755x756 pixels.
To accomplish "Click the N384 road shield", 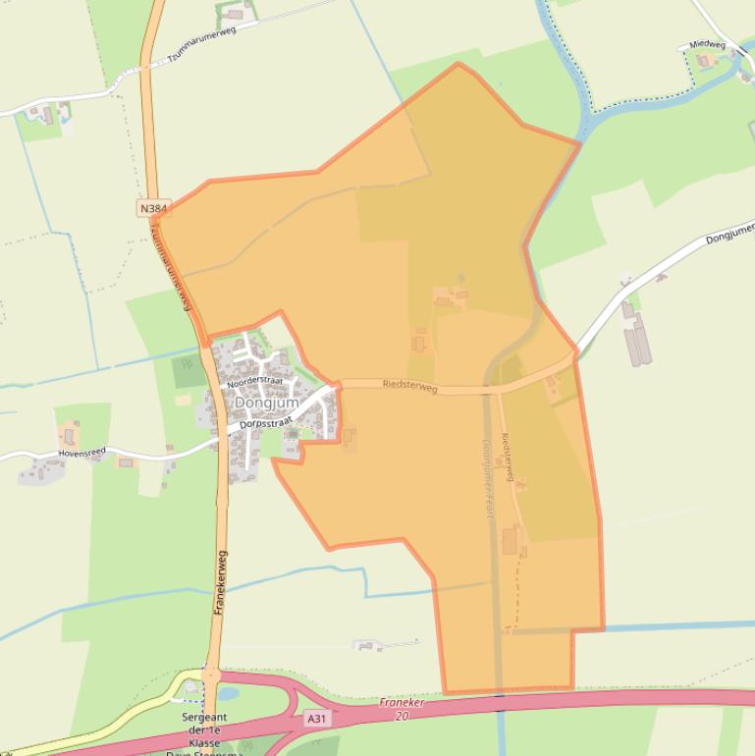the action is click(x=154, y=208).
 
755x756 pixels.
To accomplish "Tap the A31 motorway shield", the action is click(x=316, y=719).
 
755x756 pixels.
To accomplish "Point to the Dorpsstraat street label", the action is click(x=267, y=418).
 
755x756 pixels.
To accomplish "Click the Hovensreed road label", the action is click(x=81, y=453).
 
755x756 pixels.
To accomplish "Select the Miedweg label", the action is click(x=707, y=44).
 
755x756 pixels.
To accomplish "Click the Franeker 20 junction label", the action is click(x=401, y=709).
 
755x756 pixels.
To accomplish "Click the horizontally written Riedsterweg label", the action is click(x=409, y=387).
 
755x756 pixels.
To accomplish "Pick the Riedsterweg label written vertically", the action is click(x=508, y=457).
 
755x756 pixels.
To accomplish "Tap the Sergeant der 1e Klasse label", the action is click(x=204, y=730).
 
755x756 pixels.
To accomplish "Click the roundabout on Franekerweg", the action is click(x=210, y=675).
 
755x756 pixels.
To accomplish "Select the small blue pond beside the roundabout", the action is click(x=227, y=693).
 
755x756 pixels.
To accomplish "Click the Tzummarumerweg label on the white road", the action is click(x=203, y=44).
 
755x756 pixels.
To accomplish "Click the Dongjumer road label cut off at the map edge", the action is click(x=728, y=234).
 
